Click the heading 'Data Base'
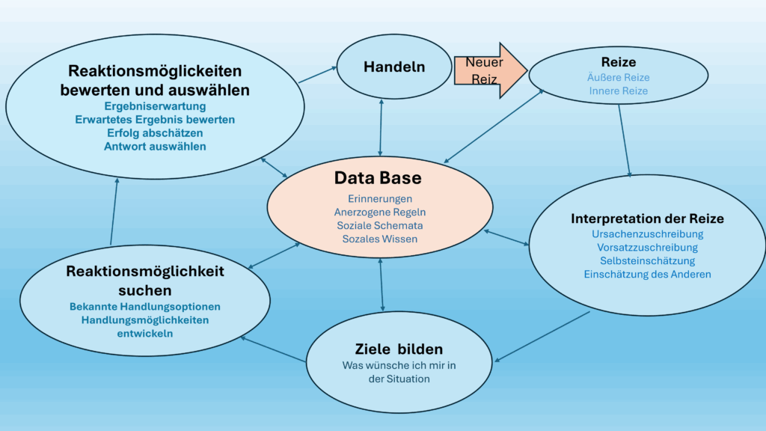(x=378, y=178)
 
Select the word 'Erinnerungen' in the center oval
(x=380, y=199)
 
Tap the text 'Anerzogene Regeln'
(x=380, y=213)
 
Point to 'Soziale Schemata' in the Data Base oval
(x=380, y=226)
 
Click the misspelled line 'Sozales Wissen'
(x=380, y=239)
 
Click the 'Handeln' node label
(x=394, y=67)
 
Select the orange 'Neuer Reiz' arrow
(x=486, y=70)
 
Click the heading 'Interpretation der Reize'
(x=647, y=218)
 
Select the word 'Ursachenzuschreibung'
(x=647, y=233)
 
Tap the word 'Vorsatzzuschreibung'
(x=647, y=247)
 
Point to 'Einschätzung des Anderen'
(x=647, y=274)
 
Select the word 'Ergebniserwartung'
(x=155, y=106)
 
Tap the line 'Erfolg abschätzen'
(x=155, y=133)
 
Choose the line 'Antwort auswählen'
(x=155, y=147)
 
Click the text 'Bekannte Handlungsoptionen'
(x=144, y=306)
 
